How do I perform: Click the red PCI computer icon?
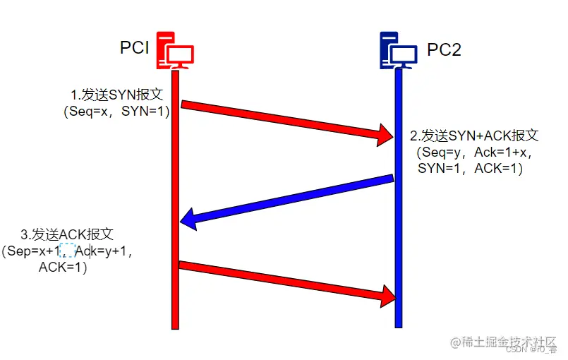click(x=174, y=51)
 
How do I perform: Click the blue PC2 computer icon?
click(x=397, y=51)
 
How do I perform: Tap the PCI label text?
click(x=133, y=49)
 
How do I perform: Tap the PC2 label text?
click(x=444, y=51)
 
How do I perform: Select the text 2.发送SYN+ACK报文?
click(x=474, y=136)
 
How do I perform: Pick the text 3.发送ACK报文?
click(x=67, y=234)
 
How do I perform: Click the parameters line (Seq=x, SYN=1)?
click(x=117, y=112)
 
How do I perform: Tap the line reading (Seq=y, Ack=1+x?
click(x=475, y=152)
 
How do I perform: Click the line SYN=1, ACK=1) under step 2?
click(x=470, y=169)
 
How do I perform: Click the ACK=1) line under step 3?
click(x=63, y=267)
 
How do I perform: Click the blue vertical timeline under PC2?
click(x=398, y=233)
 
